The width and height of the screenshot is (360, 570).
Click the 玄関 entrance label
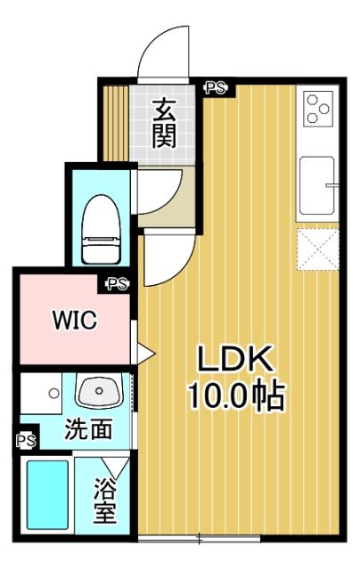[x=163, y=123]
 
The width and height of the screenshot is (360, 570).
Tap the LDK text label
[x=235, y=361]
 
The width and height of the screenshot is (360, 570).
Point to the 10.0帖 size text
[x=235, y=395]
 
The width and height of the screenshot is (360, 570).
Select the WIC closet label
[x=73, y=320]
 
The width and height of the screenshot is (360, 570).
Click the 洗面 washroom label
[x=88, y=429]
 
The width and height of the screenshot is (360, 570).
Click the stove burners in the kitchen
[x=316, y=109]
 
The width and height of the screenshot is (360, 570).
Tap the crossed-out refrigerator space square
[x=317, y=248]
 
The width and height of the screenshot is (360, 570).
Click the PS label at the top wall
[x=216, y=87]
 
